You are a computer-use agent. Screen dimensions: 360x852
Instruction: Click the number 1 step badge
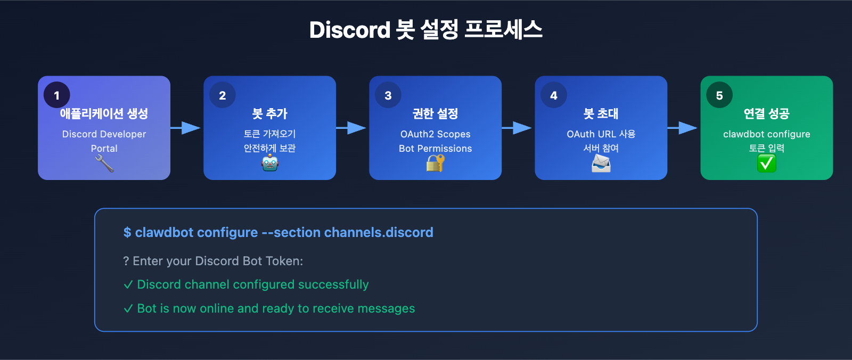57,95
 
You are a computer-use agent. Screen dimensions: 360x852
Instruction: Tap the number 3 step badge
388,95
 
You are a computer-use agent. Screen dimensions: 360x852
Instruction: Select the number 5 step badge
719,95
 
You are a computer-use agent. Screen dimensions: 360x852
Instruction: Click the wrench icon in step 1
104,163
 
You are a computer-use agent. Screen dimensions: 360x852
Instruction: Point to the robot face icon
270,163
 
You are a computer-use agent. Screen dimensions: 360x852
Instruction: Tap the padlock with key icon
435,163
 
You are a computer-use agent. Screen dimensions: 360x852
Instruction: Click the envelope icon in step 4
601,163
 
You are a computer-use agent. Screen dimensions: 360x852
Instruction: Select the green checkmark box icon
767,163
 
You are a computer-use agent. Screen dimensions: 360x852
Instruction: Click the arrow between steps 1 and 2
186,128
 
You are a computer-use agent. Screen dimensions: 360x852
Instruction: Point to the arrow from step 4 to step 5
683,128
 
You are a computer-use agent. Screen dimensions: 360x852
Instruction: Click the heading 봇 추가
270,113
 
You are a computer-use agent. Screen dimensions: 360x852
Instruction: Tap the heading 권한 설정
436,113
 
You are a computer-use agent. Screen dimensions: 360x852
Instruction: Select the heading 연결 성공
767,113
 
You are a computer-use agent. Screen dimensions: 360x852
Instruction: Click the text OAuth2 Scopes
436,134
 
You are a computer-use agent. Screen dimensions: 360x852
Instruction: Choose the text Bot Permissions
436,149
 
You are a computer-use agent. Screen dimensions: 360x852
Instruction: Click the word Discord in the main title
350,30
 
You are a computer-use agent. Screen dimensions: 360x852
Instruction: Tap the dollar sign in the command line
127,233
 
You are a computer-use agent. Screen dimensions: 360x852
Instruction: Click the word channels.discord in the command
379,233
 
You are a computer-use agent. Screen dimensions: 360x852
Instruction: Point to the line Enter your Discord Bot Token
213,261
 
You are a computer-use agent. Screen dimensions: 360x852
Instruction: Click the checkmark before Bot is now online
128,309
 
